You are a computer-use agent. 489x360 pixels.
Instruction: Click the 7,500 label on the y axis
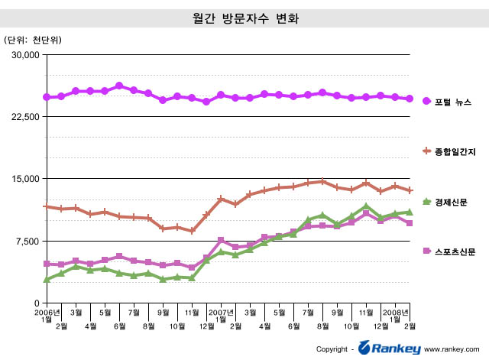pos(27,242)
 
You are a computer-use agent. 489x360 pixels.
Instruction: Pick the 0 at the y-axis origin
pos(37,303)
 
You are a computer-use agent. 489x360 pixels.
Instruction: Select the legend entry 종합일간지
pos(455,151)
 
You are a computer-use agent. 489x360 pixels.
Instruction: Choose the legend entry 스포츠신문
pos(455,251)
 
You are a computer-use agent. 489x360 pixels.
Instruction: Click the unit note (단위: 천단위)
pos(33,39)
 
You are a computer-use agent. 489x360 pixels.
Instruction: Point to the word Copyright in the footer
pos(332,350)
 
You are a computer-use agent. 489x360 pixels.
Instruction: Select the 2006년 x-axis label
pos(47,312)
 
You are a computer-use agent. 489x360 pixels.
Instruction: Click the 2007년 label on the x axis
pos(221,312)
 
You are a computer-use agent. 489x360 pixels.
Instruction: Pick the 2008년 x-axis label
pos(396,312)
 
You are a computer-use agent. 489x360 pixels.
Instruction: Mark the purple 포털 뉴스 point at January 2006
pos(47,97)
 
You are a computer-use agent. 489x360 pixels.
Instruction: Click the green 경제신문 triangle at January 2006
pos(47,280)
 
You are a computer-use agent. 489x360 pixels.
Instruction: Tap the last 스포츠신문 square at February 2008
pos(410,223)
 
